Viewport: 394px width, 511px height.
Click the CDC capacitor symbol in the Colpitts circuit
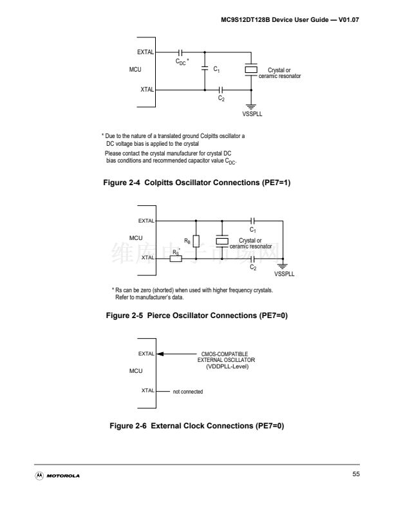[x=180, y=52]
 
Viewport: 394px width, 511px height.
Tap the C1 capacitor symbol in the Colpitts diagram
[x=205, y=68]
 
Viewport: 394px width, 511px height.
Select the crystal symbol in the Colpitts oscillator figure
[x=251, y=70]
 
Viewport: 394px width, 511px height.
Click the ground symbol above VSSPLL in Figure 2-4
[x=251, y=107]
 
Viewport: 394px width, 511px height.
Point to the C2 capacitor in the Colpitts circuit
[x=221, y=90]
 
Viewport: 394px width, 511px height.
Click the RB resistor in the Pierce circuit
[x=196, y=241]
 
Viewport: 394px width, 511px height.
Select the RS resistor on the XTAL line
[x=176, y=259]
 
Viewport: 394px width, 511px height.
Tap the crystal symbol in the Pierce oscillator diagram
[x=222, y=241]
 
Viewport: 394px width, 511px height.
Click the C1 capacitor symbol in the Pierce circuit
[x=253, y=221]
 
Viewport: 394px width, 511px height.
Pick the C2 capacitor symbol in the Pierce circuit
[x=253, y=259]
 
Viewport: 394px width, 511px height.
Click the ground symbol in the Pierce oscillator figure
[x=283, y=266]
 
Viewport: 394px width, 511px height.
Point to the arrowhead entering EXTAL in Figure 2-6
[x=160, y=354]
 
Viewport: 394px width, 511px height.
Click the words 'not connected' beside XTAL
[x=188, y=392]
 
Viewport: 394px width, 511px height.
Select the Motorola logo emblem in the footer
[x=39, y=476]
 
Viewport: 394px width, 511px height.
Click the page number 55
[x=356, y=474]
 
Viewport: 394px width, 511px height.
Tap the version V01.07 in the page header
[x=349, y=19]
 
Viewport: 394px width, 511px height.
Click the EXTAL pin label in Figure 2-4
[x=145, y=52]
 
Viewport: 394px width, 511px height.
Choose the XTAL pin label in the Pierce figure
[x=148, y=257]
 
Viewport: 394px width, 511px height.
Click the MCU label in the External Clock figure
[x=136, y=371]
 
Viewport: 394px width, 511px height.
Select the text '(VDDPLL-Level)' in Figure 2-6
[x=227, y=366]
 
